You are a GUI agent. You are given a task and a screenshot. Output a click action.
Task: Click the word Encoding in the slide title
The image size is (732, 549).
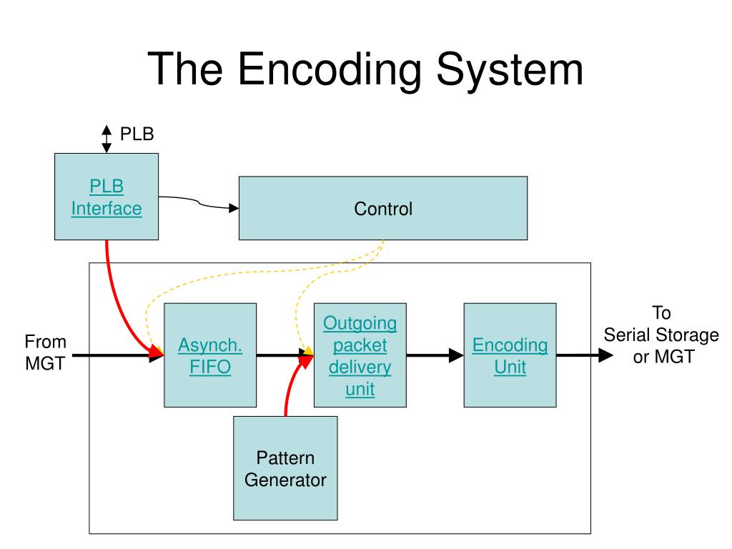click(x=330, y=70)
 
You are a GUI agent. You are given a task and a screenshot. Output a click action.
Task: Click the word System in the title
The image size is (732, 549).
click(x=510, y=70)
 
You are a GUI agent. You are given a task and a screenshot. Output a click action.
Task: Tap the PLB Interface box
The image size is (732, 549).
click(x=107, y=197)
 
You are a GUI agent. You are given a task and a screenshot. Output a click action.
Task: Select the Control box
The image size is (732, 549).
click(x=383, y=208)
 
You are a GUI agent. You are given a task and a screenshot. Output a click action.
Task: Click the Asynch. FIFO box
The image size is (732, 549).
click(x=210, y=355)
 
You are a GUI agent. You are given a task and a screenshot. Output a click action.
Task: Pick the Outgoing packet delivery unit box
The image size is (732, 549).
click(x=360, y=355)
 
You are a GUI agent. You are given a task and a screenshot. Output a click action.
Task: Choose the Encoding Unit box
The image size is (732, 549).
click(x=510, y=355)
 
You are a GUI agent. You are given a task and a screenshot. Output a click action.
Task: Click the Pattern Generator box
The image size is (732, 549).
click(x=285, y=468)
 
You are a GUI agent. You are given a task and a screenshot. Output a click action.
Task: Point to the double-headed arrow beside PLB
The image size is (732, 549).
click(x=107, y=139)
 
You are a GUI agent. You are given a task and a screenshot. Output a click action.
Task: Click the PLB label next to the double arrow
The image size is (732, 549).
click(x=137, y=134)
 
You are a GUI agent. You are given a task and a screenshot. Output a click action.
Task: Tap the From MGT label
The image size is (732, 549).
click(x=45, y=352)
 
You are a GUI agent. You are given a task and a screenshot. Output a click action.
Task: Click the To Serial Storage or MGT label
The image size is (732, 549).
click(x=661, y=335)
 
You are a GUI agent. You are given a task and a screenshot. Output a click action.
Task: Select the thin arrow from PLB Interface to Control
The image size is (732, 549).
click(x=199, y=202)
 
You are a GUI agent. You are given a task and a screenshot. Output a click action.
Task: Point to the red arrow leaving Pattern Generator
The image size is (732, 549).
click(x=293, y=383)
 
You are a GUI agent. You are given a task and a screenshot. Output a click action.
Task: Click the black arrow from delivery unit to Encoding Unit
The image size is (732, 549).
click(x=435, y=355)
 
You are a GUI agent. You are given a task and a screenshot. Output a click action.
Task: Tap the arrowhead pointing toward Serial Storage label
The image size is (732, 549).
click(x=605, y=355)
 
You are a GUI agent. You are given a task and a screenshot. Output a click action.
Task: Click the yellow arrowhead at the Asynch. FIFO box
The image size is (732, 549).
click(x=159, y=350)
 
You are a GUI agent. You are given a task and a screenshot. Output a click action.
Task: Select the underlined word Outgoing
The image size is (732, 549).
click(x=360, y=323)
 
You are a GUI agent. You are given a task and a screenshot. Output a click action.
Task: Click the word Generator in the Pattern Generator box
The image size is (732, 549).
click(x=285, y=480)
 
